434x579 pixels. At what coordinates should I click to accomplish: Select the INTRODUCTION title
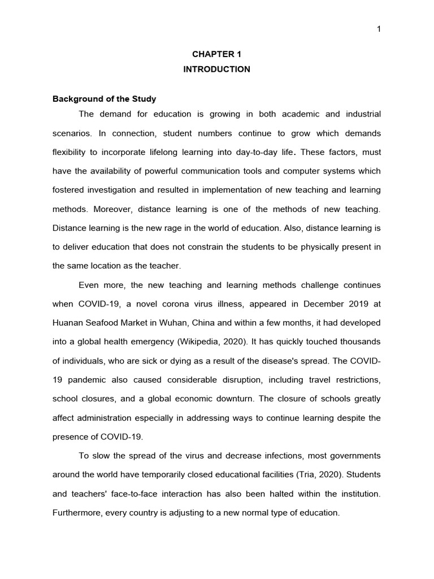[216, 69]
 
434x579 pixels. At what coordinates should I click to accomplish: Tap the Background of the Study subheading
[104, 99]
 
